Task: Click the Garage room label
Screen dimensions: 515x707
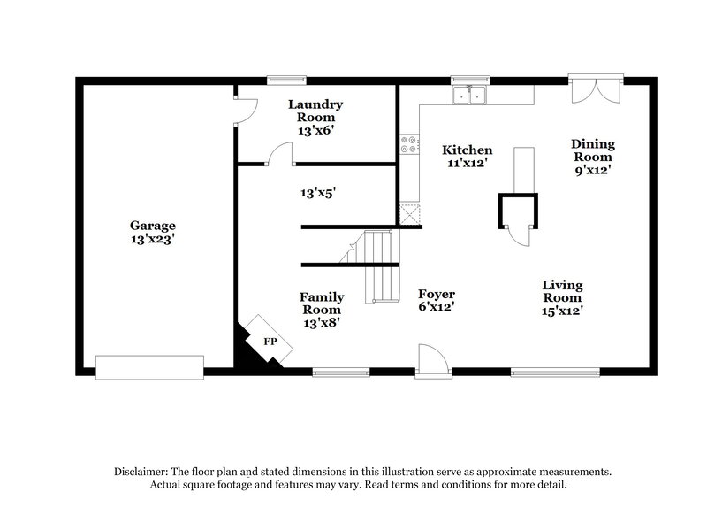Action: coord(153,232)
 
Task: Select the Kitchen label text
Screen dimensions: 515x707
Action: coord(468,157)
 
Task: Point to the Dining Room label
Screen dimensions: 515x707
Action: coord(592,156)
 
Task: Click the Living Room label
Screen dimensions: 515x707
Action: coord(562,297)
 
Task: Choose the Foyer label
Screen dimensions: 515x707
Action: coord(437,300)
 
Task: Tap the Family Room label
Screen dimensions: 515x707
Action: coord(322,310)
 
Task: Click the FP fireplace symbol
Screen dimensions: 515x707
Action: coord(270,341)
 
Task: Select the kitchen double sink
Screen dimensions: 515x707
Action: coord(471,95)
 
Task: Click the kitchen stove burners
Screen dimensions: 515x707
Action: coord(409,144)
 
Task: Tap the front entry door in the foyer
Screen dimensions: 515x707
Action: coord(433,361)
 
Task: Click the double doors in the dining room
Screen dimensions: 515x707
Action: coord(595,90)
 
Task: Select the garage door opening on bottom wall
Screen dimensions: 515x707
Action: coord(149,367)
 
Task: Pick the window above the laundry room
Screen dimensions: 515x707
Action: coord(281,81)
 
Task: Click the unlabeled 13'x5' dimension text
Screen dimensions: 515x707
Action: coord(318,191)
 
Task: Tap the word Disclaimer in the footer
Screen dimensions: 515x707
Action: coord(141,472)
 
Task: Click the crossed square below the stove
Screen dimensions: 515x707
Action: coord(409,213)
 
